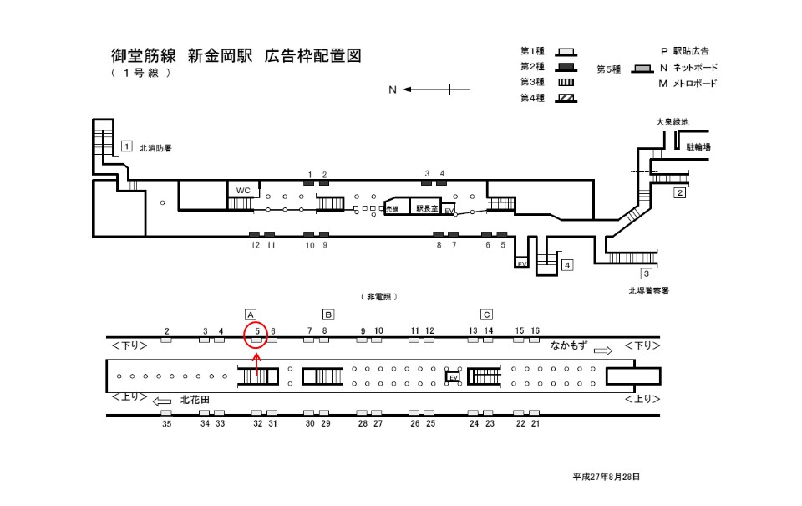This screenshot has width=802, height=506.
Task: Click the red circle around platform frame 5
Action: pyautogui.click(x=257, y=335)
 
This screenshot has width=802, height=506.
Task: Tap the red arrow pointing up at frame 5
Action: pyautogui.click(x=257, y=362)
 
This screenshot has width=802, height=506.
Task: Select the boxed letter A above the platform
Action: pyautogui.click(x=250, y=314)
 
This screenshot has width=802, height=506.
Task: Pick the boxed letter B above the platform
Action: pyautogui.click(x=328, y=314)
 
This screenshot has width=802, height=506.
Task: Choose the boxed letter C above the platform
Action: pyautogui.click(x=486, y=314)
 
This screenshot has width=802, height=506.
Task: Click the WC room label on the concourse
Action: pyautogui.click(x=243, y=190)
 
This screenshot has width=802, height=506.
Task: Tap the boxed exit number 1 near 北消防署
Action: pyautogui.click(x=126, y=146)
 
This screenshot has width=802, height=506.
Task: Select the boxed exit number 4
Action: pyautogui.click(x=567, y=265)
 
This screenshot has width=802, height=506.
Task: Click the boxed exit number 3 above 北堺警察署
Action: pyautogui.click(x=646, y=273)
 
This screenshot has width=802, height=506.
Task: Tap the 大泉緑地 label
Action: pyautogui.click(x=672, y=122)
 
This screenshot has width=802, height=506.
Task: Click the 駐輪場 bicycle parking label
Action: pyautogui.click(x=698, y=146)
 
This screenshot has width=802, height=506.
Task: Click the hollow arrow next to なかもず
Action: pyautogui.click(x=602, y=351)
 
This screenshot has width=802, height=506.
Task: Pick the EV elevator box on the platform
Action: pyautogui.click(x=454, y=377)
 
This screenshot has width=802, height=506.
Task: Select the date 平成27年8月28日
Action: pyautogui.click(x=606, y=476)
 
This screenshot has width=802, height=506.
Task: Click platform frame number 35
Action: pyautogui.click(x=166, y=424)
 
